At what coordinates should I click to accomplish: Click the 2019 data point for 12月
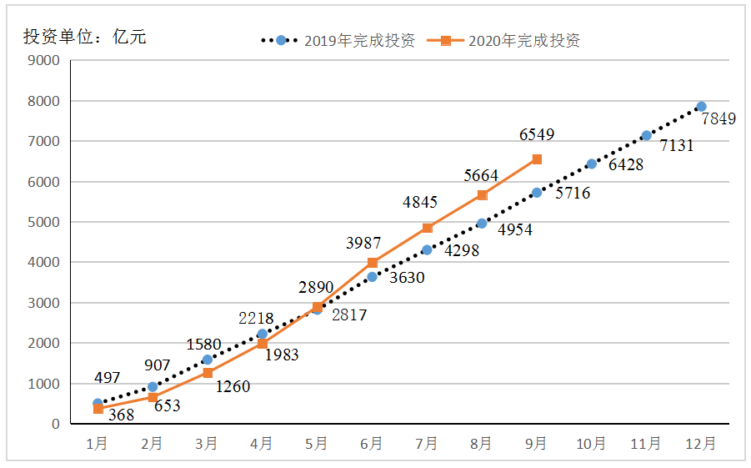click(701, 107)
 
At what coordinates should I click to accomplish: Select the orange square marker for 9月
click(537, 159)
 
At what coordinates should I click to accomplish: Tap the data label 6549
click(537, 134)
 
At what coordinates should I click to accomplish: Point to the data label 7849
click(718, 119)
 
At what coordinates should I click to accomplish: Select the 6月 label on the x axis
click(372, 444)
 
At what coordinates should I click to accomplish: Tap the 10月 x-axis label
click(591, 444)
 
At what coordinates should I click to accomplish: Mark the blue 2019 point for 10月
click(592, 164)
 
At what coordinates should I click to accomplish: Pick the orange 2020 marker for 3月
click(208, 373)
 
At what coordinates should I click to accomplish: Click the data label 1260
click(233, 386)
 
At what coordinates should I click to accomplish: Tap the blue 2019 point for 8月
click(482, 224)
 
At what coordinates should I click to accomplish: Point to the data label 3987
click(363, 243)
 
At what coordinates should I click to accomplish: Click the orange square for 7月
click(428, 228)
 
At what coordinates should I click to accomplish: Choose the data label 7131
click(676, 146)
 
